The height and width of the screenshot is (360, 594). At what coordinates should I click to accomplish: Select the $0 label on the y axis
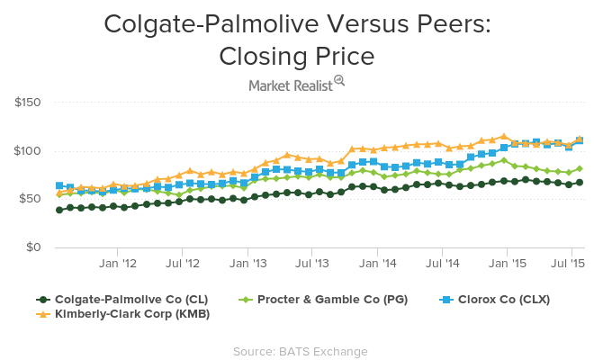pyautogui.click(x=31, y=247)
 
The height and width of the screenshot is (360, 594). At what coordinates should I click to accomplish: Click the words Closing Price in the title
pyautogui.click(x=297, y=56)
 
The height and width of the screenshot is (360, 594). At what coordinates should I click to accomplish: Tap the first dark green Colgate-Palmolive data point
pyautogui.click(x=59, y=210)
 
